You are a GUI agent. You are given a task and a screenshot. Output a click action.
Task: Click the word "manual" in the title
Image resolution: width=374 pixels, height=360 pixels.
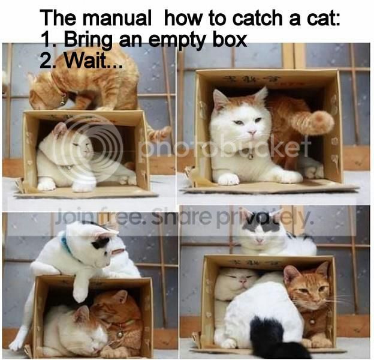pos(117,18)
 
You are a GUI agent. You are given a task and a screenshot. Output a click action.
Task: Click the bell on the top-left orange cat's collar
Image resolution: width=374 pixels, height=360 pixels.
pos(62,102)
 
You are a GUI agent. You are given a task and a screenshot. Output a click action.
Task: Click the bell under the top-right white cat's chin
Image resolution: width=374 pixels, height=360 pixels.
pos(251,157)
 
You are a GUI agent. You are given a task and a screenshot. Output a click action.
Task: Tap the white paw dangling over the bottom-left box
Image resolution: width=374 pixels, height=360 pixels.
pos(80,293)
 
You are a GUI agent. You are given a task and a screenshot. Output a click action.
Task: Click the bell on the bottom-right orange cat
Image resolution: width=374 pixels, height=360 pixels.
pos(312,322)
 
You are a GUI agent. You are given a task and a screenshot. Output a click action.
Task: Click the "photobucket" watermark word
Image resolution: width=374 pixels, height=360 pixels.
pos(225,146)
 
